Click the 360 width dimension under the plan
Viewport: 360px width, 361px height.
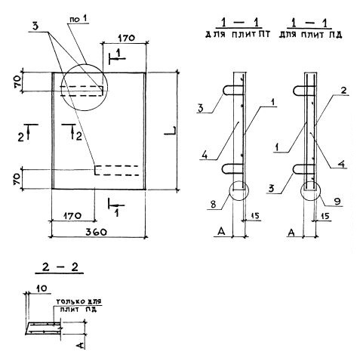click(96, 232)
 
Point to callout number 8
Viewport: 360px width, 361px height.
click(214, 204)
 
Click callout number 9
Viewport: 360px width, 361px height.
click(337, 201)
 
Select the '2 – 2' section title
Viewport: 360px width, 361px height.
click(60, 267)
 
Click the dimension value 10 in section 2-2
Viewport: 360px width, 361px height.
click(42, 288)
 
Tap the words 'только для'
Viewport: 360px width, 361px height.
click(79, 301)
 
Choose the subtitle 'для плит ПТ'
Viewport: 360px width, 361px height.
click(238, 35)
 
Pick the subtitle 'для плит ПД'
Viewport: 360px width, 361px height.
click(310, 35)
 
